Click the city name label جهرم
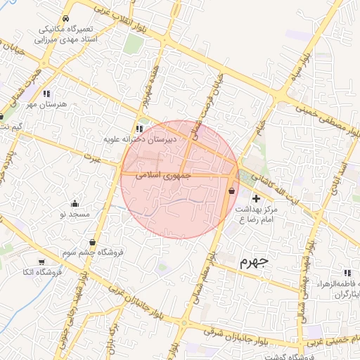pos(254,262)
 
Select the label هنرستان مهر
pos(47,104)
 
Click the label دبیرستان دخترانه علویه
pos(140,139)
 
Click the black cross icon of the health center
pos(256,198)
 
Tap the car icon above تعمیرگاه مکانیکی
pos(65,18)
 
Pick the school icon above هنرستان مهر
pos(46,94)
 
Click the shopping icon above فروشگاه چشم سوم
pos(92,242)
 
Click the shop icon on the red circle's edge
pos(232,191)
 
